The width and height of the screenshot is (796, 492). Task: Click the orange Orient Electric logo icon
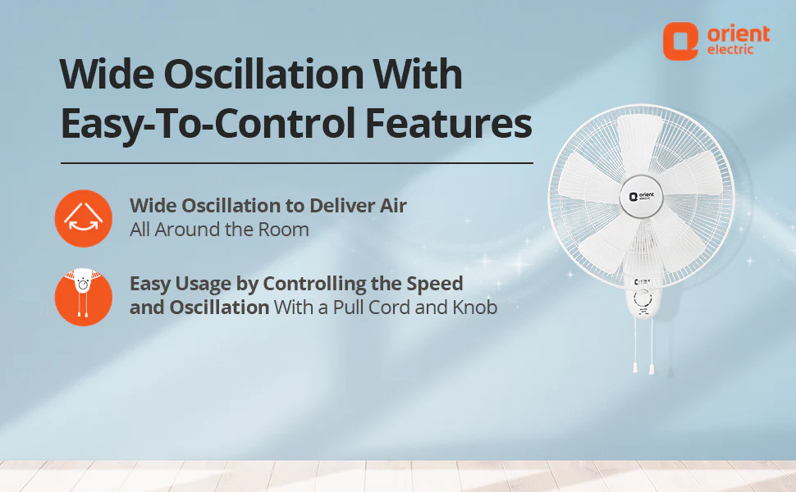click(680, 41)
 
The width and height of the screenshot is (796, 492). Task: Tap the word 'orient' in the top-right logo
click(739, 34)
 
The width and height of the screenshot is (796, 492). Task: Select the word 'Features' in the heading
click(449, 123)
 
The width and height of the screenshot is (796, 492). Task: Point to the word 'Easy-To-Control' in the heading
click(208, 125)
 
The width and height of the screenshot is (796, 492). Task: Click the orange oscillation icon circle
click(83, 219)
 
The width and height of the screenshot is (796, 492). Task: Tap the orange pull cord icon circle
click(83, 297)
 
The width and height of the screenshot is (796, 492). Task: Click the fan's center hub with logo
click(641, 196)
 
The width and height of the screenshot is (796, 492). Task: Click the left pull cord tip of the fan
click(634, 367)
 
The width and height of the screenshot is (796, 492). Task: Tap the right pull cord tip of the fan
click(652, 368)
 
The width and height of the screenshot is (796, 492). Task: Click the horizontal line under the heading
click(297, 163)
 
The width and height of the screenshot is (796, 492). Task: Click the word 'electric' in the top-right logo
click(730, 50)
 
